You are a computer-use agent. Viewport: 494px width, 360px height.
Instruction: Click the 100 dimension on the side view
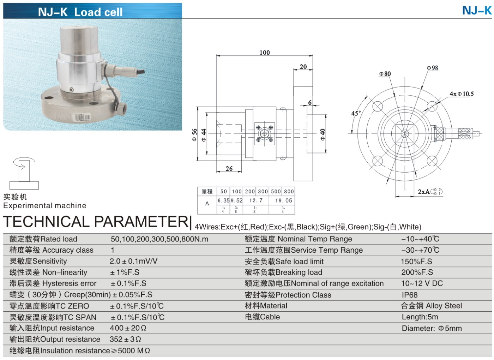(x=265, y=53)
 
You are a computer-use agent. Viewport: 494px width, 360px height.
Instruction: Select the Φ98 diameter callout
(x=432, y=68)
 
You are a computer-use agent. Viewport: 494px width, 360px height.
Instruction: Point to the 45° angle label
(x=356, y=113)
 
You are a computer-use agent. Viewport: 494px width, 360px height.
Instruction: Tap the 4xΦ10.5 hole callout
(x=462, y=94)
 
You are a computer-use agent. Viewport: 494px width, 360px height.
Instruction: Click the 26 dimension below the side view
(x=229, y=169)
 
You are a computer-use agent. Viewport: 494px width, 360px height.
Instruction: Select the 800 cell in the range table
(x=289, y=191)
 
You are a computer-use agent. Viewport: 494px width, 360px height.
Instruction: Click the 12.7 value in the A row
(x=256, y=200)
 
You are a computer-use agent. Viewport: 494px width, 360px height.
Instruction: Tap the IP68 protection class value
(x=409, y=295)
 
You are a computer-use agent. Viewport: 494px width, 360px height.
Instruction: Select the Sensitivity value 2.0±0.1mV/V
(x=133, y=261)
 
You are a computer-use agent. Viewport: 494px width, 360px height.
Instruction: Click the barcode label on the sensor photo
(x=82, y=118)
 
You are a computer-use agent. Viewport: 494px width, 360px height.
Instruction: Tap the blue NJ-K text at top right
(x=477, y=11)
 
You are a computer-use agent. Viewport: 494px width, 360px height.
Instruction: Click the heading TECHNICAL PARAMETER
(x=96, y=222)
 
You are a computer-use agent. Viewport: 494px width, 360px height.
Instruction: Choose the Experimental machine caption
(x=45, y=205)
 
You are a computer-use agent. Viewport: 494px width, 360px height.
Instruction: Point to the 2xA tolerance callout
(x=429, y=192)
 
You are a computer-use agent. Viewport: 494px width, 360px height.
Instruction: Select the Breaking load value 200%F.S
(x=417, y=272)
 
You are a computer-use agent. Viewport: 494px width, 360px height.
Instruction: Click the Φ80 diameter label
(x=385, y=74)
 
